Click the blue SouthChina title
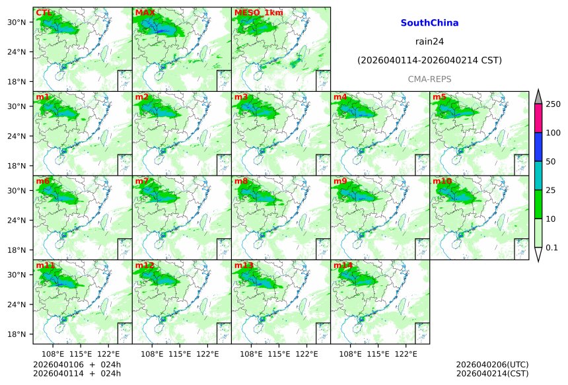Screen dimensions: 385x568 429,23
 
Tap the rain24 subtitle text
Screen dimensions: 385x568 429,42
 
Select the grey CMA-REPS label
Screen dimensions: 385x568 429,79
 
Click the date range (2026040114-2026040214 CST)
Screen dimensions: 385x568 429,60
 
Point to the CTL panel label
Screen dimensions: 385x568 43,13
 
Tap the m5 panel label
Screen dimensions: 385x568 439,97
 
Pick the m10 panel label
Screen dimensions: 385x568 442,181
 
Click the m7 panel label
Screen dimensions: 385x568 142,181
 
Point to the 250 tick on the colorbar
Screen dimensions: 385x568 553,104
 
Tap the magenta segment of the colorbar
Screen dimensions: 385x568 538,118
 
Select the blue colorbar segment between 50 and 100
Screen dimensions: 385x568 538,147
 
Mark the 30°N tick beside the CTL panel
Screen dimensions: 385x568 20,22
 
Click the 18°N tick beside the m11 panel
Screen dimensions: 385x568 20,334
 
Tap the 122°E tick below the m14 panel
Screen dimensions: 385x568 406,354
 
